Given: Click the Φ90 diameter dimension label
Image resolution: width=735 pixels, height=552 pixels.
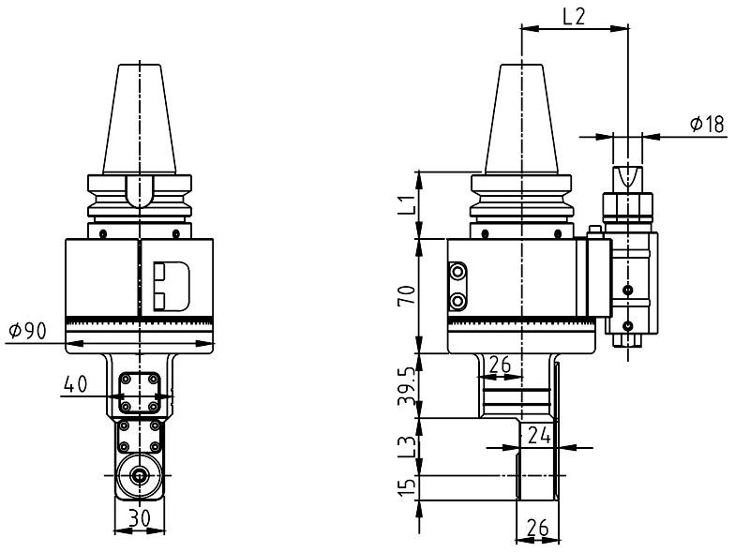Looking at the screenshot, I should click(x=27, y=331).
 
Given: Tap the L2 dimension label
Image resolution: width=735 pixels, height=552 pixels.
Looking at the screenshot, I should click(x=575, y=16).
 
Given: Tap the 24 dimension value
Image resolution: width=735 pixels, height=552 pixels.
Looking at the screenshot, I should click(x=538, y=434).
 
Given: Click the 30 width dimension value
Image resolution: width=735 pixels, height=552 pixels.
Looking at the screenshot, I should click(x=141, y=515).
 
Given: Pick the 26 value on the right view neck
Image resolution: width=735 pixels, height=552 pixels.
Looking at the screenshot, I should click(x=502, y=364).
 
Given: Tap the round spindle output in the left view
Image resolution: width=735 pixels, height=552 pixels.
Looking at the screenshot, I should click(x=140, y=475).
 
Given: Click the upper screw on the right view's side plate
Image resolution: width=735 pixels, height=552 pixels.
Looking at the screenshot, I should click(x=458, y=273).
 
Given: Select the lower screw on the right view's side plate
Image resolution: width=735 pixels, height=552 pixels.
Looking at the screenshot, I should click(x=458, y=301).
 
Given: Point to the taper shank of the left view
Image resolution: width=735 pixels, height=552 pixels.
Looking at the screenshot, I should click(x=141, y=117).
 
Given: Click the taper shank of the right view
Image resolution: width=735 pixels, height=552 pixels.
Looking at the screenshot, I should click(x=521, y=117).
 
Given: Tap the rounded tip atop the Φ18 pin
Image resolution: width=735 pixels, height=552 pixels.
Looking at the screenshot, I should click(x=627, y=176).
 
